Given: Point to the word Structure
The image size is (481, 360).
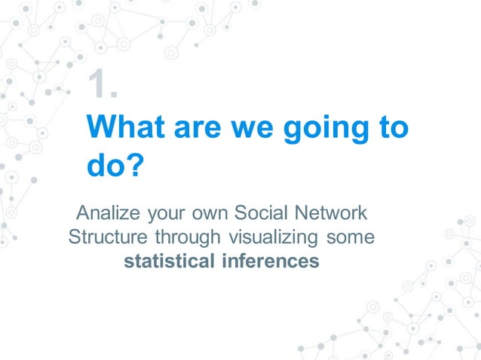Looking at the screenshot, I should click(109, 237).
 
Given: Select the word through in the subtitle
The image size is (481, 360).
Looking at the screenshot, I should click(185, 237).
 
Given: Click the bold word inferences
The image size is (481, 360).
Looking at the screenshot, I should click(270, 261).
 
